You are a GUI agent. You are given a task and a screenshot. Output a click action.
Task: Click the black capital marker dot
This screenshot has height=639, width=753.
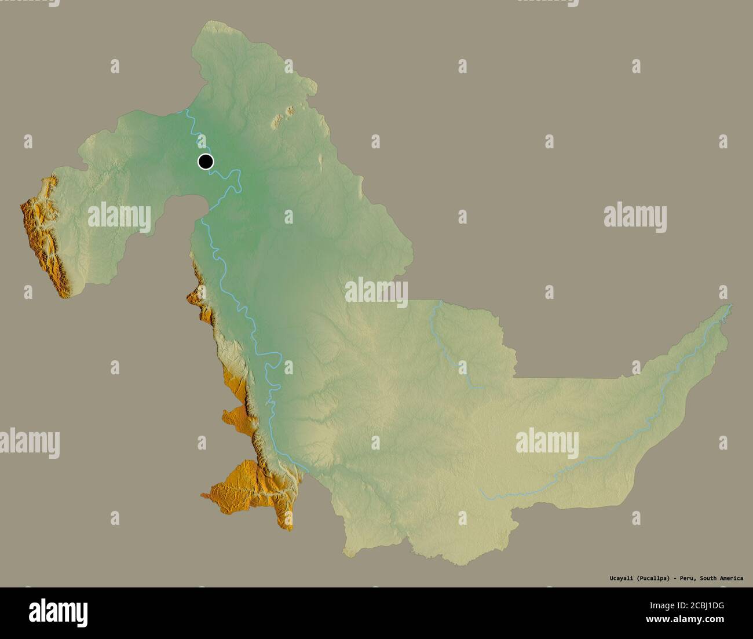pos(206,162)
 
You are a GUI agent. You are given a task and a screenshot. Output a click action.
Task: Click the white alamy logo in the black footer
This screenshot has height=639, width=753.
pos(59,612)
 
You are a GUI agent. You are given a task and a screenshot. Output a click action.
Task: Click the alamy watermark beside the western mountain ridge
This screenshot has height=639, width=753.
pos(119,217)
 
